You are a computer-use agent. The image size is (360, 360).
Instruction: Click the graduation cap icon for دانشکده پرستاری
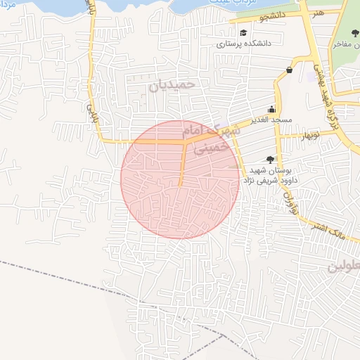(243, 33)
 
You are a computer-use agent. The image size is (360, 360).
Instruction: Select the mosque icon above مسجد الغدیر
(271, 110)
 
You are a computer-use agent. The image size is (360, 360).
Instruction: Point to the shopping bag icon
(290, 70)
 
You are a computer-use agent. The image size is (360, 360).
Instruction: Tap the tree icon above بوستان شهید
(270, 160)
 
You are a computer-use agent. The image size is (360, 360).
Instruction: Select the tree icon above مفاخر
(354, 33)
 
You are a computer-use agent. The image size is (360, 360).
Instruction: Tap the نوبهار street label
(310, 134)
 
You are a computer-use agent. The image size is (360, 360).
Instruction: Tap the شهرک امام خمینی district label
(206, 139)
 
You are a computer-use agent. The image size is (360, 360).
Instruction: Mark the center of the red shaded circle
(180, 179)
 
